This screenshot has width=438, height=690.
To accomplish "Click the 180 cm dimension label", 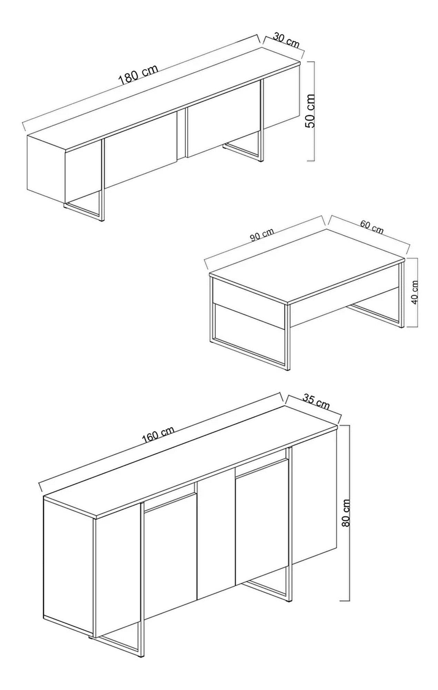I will point(138,74).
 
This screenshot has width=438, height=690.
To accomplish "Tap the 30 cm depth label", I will point(286,40).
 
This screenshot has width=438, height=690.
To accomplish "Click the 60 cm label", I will point(372,227).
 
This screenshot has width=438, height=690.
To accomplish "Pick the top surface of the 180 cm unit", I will point(166,100).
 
